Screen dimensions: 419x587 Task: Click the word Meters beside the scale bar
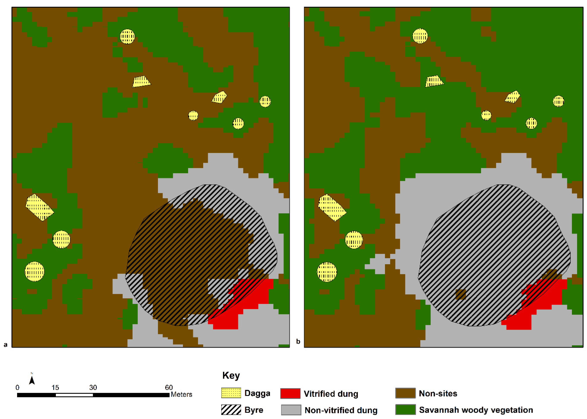pos(182,394)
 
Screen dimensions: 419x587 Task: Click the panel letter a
pos(5,345)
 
